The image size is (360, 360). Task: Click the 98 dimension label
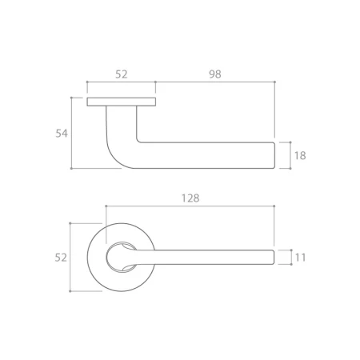click(215, 74)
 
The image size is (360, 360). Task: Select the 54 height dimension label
click(62, 134)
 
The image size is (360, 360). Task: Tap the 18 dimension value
click(300, 155)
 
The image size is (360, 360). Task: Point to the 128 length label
click(190, 198)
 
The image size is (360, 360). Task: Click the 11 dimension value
click(300, 258)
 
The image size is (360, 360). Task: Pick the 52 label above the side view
click(122, 74)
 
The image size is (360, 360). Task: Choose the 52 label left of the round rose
click(61, 258)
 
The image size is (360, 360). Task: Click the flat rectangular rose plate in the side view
click(122, 102)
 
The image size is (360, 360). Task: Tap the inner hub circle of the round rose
click(106, 258)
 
